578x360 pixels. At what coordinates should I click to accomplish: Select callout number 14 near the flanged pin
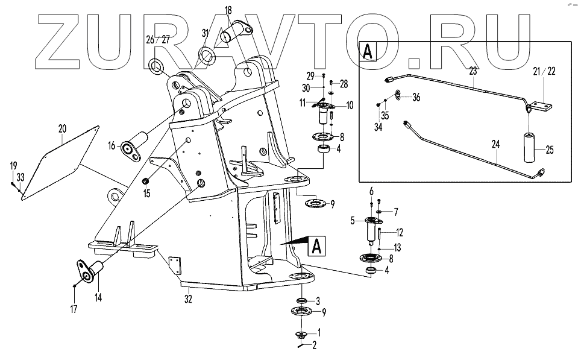(98, 296)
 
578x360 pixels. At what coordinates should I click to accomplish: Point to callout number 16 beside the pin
(111, 146)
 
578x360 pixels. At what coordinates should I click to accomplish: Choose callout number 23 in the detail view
(473, 70)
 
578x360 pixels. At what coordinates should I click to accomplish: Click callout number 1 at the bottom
(319, 332)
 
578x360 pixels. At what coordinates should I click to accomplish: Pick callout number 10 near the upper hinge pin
(350, 106)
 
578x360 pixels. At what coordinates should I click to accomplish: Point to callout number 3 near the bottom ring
(319, 300)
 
